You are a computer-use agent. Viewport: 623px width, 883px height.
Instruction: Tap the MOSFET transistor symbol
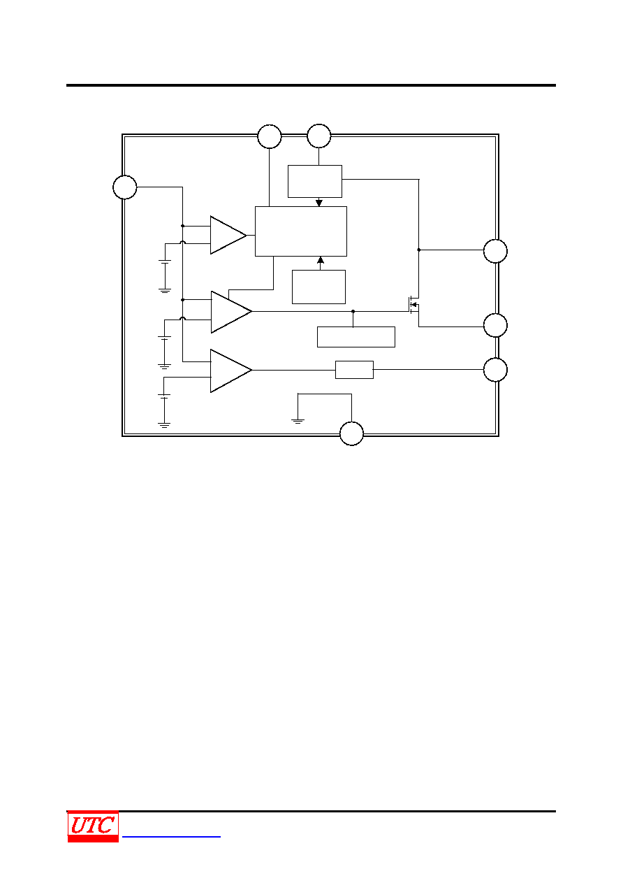413,305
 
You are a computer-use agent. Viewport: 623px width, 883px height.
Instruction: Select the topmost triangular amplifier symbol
228,235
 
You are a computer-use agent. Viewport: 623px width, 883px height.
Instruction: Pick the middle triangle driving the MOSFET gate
231,312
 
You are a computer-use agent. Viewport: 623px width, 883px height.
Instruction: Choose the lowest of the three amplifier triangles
231,371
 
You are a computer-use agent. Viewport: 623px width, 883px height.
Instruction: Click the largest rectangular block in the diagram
301,231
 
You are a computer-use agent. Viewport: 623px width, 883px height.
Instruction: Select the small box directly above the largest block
315,181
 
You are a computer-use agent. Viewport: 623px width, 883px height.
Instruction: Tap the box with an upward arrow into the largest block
318,287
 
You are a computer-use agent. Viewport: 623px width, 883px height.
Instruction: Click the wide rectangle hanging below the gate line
356,337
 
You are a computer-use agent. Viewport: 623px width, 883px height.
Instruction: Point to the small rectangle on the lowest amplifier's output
354,370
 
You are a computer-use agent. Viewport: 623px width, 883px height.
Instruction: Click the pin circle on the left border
125,187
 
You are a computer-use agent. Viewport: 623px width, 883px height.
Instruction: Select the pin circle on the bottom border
352,433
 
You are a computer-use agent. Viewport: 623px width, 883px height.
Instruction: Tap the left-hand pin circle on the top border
270,136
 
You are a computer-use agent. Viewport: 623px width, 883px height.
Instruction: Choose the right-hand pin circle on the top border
319,136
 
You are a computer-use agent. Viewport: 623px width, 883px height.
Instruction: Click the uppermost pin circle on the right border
495,251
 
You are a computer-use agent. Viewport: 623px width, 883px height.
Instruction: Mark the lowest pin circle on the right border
495,370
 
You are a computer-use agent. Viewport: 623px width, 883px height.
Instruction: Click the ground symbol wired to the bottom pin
298,422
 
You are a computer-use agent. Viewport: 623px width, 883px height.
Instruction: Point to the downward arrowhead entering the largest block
319,203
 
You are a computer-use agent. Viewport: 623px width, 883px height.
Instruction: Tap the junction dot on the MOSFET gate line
353,311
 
